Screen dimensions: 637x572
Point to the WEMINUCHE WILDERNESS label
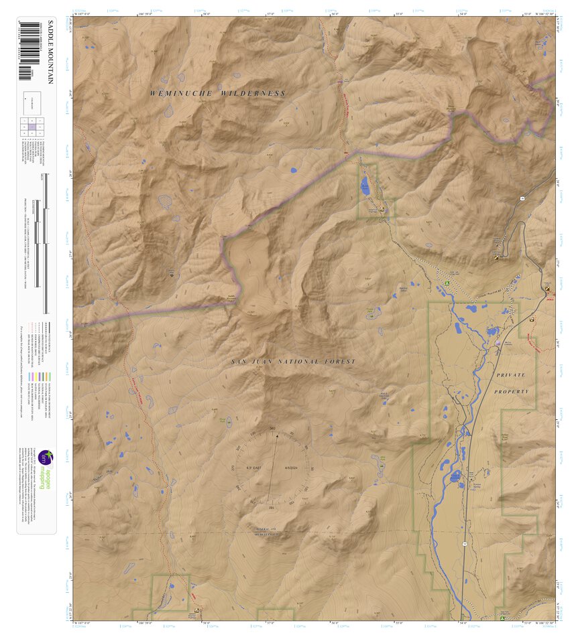pyautogui.click(x=218, y=94)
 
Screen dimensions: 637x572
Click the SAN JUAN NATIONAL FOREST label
pyautogui.click(x=293, y=362)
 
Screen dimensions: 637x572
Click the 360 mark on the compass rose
pyautogui.click(x=272, y=428)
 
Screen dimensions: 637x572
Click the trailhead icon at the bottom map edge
pyautogui.click(x=196, y=611)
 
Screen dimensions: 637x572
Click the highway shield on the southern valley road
pyautogui.click(x=463, y=545)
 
